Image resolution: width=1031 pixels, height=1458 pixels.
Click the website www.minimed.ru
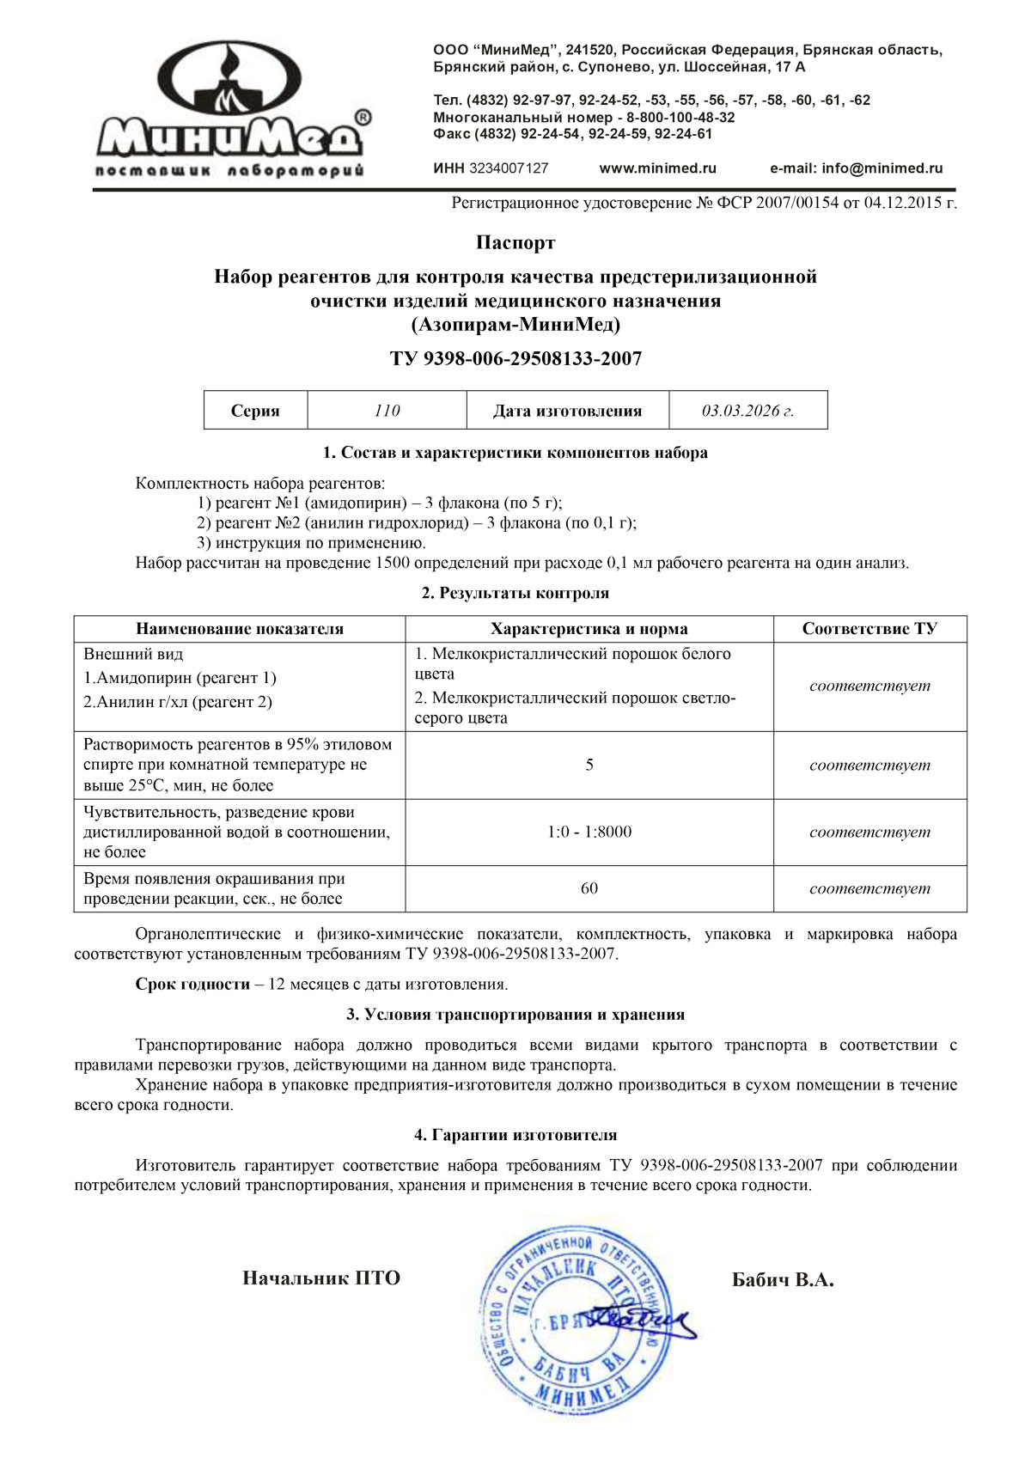(x=657, y=168)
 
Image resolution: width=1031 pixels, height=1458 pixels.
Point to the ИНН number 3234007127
(x=508, y=168)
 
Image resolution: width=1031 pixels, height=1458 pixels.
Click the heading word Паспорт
(x=515, y=243)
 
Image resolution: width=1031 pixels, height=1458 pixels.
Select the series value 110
(x=387, y=411)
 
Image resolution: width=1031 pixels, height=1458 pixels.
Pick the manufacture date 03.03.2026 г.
(x=747, y=411)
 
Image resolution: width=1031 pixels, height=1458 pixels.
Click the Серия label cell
(x=255, y=411)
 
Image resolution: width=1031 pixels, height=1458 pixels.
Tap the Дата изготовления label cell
(x=567, y=411)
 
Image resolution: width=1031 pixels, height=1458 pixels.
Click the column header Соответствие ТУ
(x=869, y=629)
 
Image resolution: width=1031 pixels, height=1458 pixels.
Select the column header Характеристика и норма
(x=589, y=629)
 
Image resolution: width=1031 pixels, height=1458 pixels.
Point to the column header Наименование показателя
(x=239, y=629)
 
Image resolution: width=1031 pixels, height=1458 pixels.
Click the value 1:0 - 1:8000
(x=589, y=832)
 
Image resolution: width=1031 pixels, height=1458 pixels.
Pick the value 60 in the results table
(x=589, y=888)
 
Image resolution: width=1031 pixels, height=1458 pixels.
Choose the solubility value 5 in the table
(x=589, y=765)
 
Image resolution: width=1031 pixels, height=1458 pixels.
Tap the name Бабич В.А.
(x=783, y=1279)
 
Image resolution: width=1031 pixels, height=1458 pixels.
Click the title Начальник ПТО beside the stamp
(x=321, y=1278)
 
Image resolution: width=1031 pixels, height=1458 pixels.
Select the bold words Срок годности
(x=192, y=984)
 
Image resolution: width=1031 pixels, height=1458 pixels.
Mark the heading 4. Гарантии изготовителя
(x=515, y=1135)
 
